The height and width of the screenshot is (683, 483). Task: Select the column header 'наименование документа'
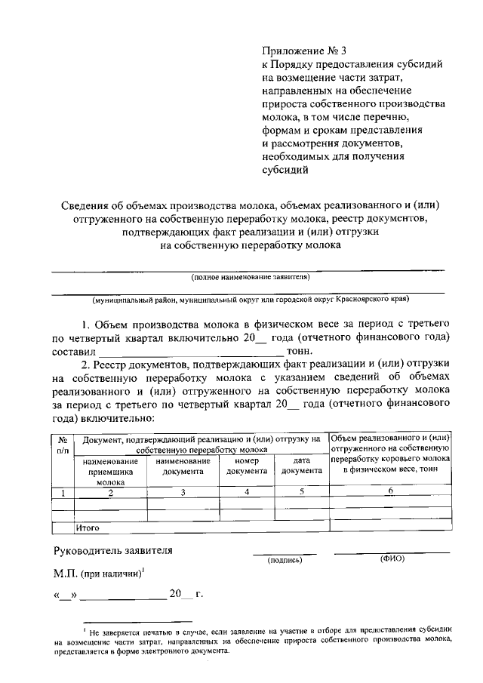(182, 466)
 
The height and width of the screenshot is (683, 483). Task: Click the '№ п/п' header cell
(63, 445)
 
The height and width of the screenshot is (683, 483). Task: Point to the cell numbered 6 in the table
(390, 492)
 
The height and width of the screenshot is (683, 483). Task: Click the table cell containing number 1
(63, 493)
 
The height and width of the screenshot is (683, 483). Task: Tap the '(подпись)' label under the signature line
(285, 561)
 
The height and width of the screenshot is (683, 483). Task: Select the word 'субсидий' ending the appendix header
(284, 171)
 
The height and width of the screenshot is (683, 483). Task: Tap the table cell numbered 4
(247, 493)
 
